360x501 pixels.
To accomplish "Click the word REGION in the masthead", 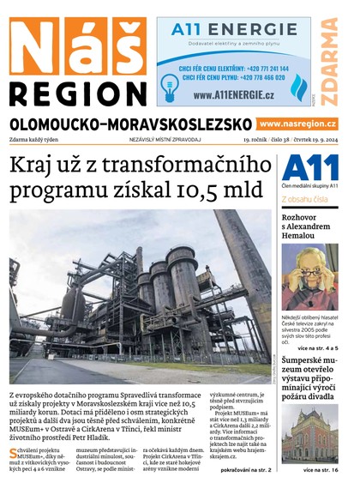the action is pyautogui.click(x=77, y=94).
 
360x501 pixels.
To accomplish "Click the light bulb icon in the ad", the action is pyautogui.click(x=170, y=84).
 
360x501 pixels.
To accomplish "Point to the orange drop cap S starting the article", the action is pyautogui.click(x=13, y=452).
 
